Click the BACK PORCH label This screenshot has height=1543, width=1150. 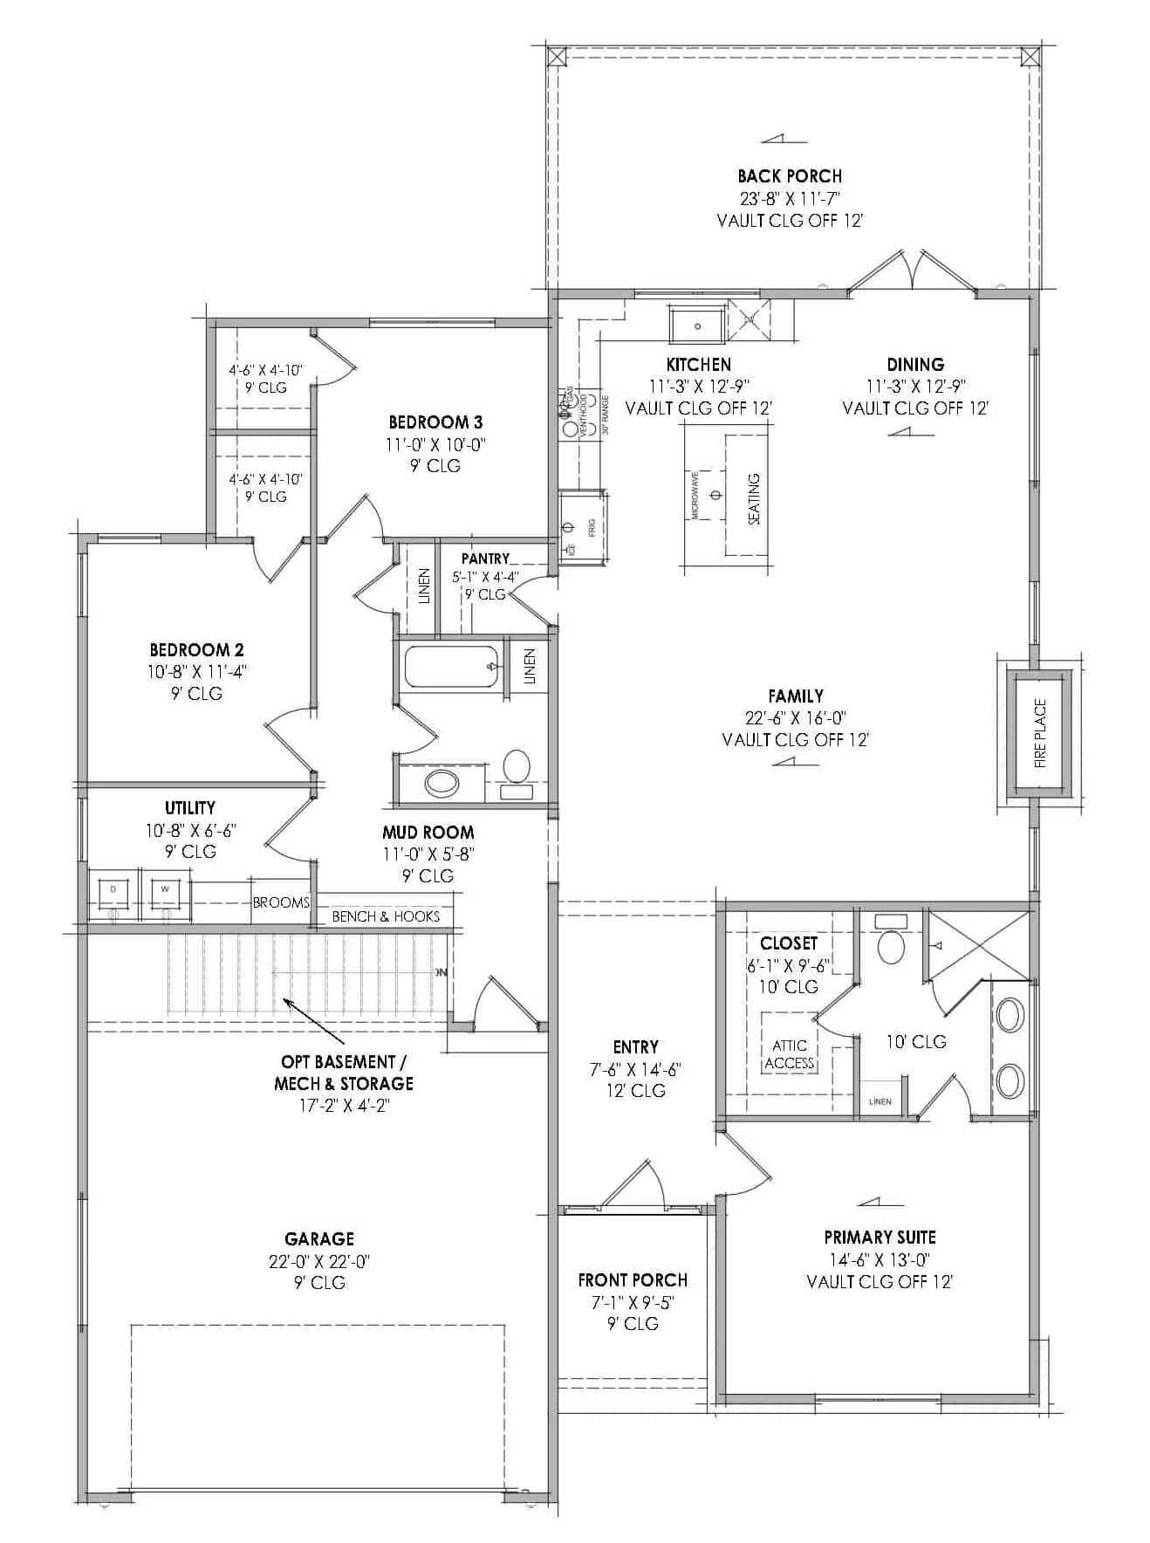pyautogui.click(x=790, y=176)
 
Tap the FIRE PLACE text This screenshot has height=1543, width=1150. pyautogui.click(x=1040, y=733)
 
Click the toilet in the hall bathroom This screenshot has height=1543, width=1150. pyautogui.click(x=517, y=765)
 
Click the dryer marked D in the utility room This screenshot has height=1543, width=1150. pyautogui.click(x=113, y=891)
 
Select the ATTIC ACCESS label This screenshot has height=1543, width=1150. pyautogui.click(x=790, y=1054)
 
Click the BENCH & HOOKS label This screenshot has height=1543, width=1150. pyautogui.click(x=386, y=916)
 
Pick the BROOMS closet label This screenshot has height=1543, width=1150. pyautogui.click(x=281, y=902)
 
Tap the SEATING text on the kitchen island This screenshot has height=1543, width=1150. pyautogui.click(x=754, y=498)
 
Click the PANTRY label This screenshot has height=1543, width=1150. pyautogui.click(x=485, y=559)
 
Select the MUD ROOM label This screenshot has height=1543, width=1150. pyautogui.click(x=428, y=832)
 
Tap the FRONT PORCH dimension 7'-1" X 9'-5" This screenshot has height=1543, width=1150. pyautogui.click(x=633, y=1302)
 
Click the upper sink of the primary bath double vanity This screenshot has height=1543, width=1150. pyautogui.click(x=1010, y=1017)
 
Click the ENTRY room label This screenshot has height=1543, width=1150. pyautogui.click(x=636, y=1046)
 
